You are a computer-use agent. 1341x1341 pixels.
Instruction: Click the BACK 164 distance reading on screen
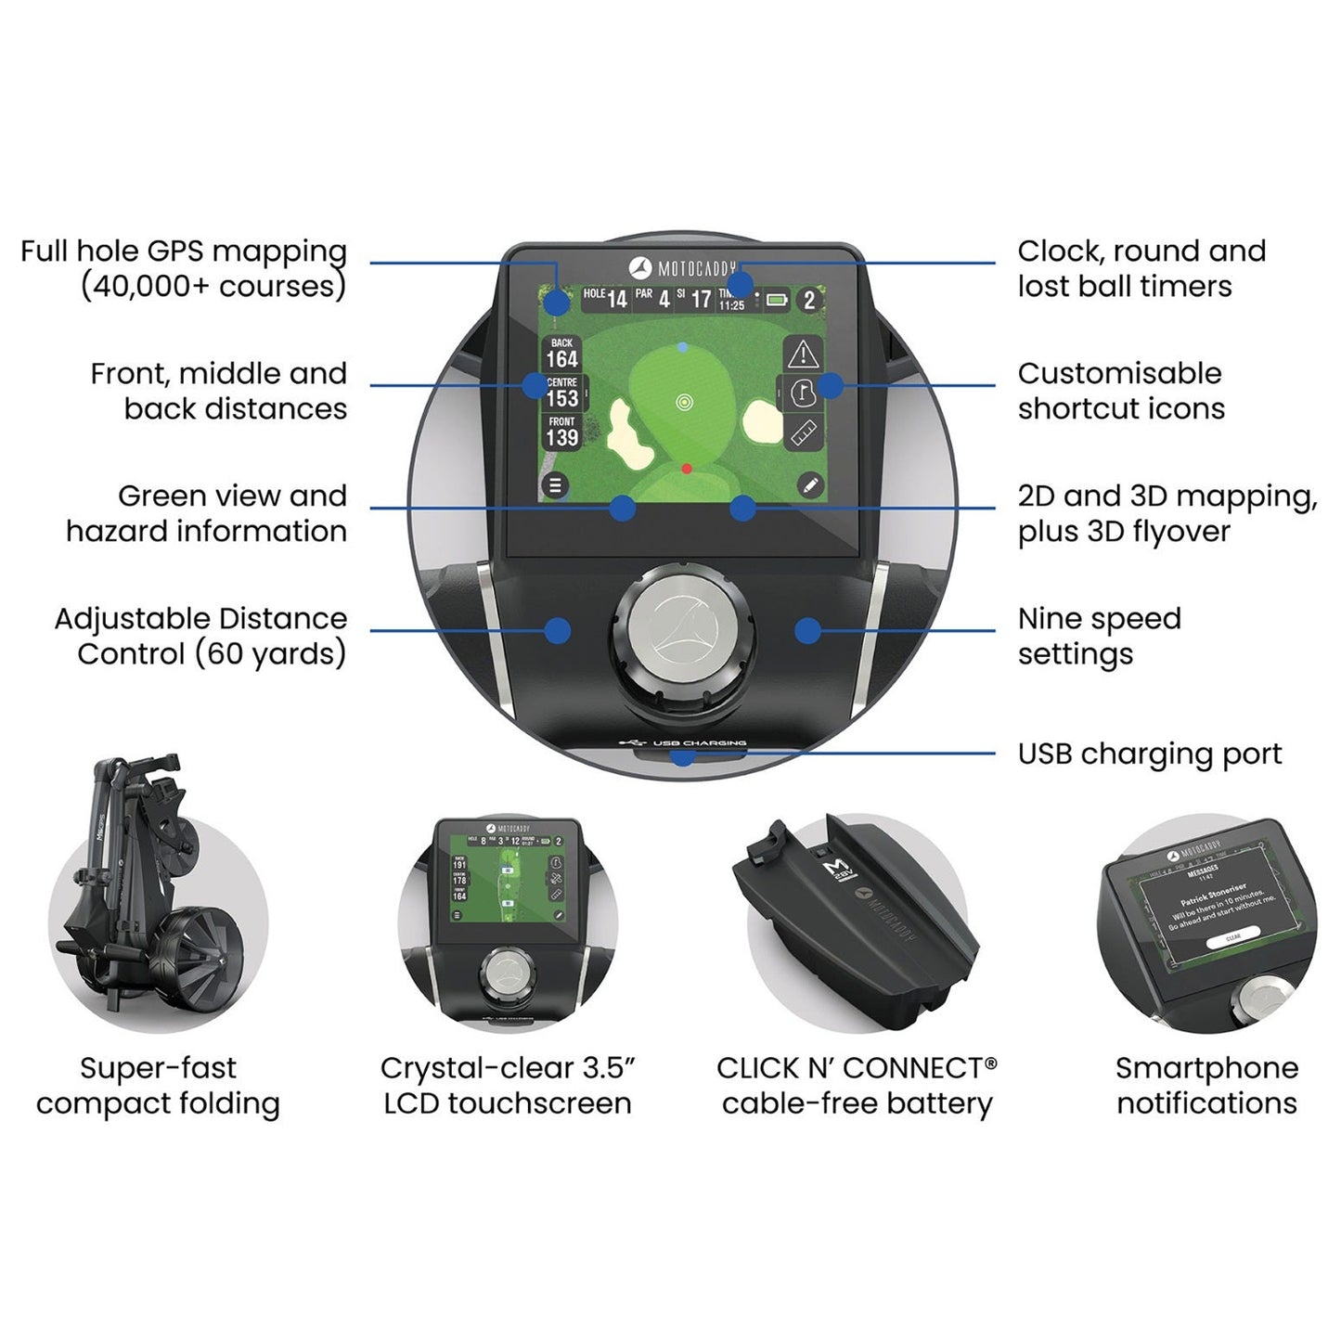coord(561,354)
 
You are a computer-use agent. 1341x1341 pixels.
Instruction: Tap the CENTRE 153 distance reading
coord(562,393)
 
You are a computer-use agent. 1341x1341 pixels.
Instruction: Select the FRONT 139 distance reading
coord(561,432)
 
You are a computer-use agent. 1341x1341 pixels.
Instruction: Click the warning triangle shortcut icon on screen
coord(803,355)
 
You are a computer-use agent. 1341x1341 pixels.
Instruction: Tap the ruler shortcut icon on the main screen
coord(804,432)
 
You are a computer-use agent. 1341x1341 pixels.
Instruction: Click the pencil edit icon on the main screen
coord(810,485)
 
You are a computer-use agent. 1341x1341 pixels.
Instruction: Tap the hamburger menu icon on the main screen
coord(555,485)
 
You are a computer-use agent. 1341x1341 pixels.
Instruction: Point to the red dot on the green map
coord(687,469)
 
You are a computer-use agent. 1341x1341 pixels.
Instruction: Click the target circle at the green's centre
coord(684,402)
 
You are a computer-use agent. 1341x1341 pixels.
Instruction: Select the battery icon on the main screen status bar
coord(777,300)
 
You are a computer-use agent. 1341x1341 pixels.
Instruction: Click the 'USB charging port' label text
coord(1149,754)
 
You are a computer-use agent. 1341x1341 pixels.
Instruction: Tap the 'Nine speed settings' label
coord(1099,636)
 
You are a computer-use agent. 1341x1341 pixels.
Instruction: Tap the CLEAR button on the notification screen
coord(1233,936)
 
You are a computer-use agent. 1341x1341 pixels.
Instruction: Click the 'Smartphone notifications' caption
coord(1206,1085)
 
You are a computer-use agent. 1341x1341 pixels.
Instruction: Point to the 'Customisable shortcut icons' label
coord(1120,391)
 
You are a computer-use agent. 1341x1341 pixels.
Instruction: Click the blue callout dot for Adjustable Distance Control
coord(557,630)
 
